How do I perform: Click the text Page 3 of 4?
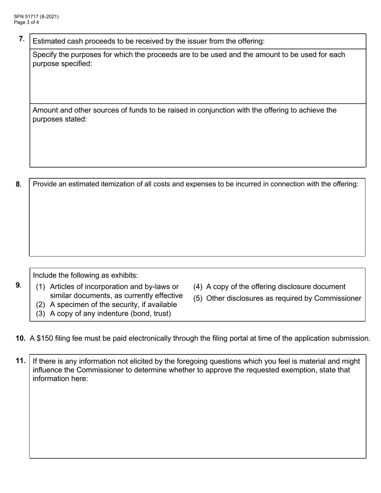(x=26, y=22)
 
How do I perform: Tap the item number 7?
(x=22, y=39)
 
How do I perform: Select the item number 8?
(x=18, y=184)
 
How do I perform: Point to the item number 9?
(x=18, y=285)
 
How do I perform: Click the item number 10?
(x=21, y=338)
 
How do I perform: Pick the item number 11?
(x=21, y=361)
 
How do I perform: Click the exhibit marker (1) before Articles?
(x=41, y=287)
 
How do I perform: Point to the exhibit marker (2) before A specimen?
(x=41, y=305)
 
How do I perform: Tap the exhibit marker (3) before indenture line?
(x=41, y=314)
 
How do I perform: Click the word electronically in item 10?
(x=148, y=338)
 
